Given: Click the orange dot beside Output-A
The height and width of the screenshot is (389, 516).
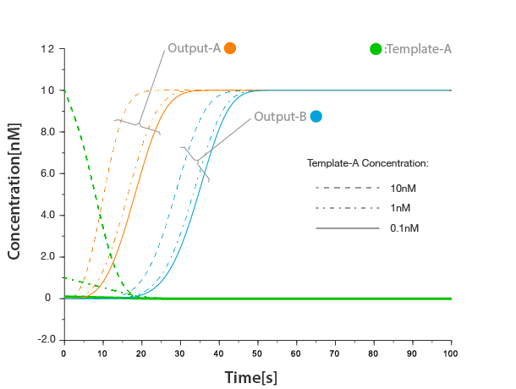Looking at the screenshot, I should pyautogui.click(x=229, y=48).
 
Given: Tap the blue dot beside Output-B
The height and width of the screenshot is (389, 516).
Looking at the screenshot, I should pyautogui.click(x=316, y=117).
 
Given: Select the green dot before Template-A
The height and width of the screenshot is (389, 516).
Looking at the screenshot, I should pyautogui.click(x=376, y=49).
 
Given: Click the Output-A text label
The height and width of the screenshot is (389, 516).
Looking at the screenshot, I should pyautogui.click(x=194, y=48).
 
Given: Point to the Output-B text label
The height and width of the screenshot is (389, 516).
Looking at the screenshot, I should pyautogui.click(x=280, y=117).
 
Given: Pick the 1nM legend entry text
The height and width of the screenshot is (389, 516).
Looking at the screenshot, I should pyautogui.click(x=400, y=207).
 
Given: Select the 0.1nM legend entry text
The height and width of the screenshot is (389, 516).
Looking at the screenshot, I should pyautogui.click(x=403, y=228).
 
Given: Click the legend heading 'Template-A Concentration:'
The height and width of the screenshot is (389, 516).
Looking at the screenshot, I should pyautogui.click(x=368, y=162).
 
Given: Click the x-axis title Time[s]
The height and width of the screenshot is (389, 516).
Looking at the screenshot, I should pyautogui.click(x=251, y=377).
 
